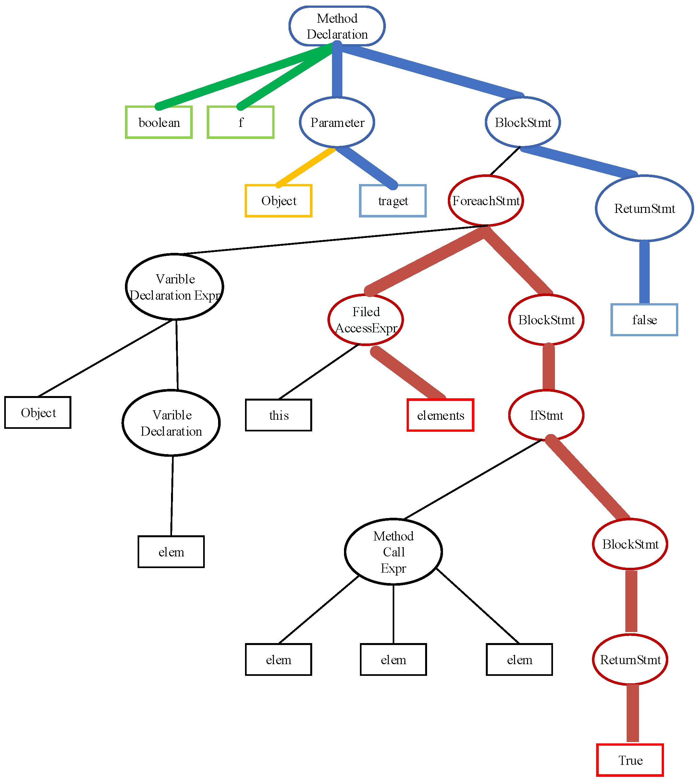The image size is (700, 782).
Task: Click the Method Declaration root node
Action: click(337, 26)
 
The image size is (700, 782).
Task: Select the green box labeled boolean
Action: click(159, 122)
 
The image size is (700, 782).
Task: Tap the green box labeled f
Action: click(240, 122)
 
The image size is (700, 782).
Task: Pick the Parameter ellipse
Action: click(337, 122)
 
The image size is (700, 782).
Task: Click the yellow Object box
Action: click(278, 201)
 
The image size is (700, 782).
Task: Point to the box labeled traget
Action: click(393, 201)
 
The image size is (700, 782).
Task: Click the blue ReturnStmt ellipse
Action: click(644, 208)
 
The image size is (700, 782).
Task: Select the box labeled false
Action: click(644, 320)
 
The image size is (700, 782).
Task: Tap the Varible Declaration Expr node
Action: click(175, 287)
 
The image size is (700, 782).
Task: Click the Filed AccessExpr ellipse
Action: click(366, 320)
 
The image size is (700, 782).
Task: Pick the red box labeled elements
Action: click(440, 415)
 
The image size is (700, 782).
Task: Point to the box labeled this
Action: click(278, 415)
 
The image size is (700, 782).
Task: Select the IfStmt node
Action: click(546, 415)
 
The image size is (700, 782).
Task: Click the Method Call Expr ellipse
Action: click(393, 552)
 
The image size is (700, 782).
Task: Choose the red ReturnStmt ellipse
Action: click(630, 660)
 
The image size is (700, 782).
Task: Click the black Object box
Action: click(38, 412)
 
